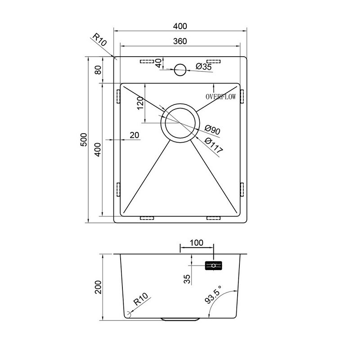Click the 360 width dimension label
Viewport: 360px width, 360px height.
tap(180, 41)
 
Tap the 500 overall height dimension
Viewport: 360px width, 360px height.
tap(84, 139)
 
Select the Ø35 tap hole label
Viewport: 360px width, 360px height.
tap(204, 67)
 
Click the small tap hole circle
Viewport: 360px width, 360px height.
tap(180, 70)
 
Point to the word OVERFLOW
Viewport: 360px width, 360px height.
tap(220, 97)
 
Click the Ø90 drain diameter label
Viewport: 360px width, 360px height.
tap(212, 130)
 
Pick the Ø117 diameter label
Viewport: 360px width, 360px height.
tap(213, 145)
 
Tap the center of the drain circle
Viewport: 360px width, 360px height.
tap(180, 123)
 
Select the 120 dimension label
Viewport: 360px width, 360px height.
tap(140, 103)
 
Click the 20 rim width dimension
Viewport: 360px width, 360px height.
tap(134, 135)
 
